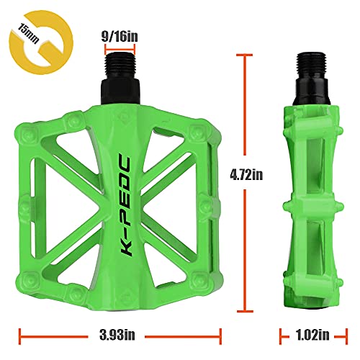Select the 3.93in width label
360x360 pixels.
coord(120,334)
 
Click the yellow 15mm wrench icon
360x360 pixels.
coord(33,35)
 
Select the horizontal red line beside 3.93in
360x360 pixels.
coord(50,334)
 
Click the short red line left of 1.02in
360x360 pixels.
coord(285,334)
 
